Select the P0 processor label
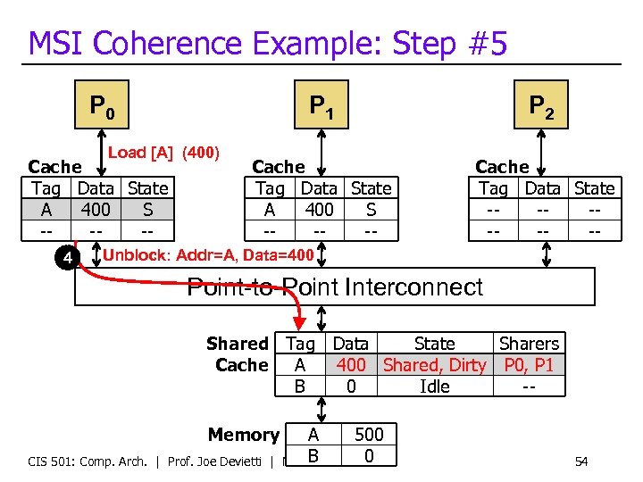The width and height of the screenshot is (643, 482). [x=102, y=107]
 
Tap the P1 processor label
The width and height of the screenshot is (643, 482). [x=321, y=107]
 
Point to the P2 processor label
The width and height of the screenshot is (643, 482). [x=541, y=107]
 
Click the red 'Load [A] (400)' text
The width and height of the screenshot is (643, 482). [x=163, y=153]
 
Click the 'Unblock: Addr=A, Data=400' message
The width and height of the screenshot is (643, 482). [x=209, y=256]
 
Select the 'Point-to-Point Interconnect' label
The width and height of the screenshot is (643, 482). [x=334, y=287]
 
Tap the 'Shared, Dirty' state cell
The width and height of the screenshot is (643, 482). [x=434, y=365]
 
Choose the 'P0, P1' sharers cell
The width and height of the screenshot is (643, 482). [x=529, y=365]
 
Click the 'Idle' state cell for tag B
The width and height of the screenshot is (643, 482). [x=434, y=386]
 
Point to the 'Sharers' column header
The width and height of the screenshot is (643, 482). [x=529, y=344]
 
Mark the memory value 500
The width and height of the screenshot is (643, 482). [x=369, y=435]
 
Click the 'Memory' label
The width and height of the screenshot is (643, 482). [x=243, y=435]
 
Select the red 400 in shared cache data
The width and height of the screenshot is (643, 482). [x=350, y=365]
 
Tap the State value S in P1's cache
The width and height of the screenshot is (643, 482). [x=371, y=210]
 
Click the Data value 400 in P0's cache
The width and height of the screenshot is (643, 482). [x=96, y=210]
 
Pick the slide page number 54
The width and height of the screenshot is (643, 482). [x=580, y=461]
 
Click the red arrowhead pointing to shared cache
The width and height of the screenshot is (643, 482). [x=299, y=324]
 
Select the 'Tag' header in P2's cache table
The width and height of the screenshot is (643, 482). [x=493, y=188]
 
